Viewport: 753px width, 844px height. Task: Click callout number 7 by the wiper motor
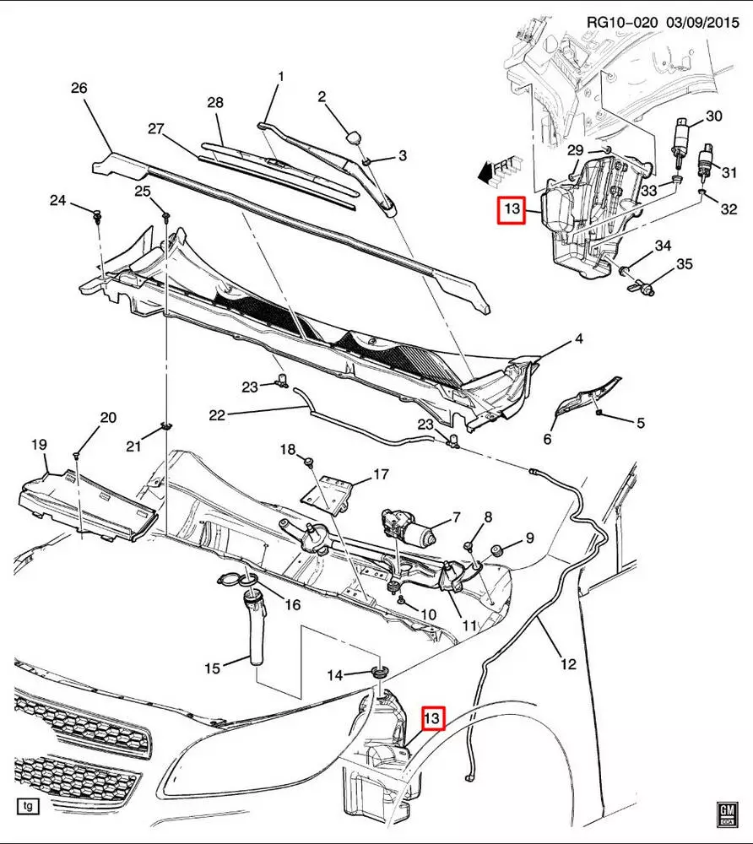pyautogui.click(x=456, y=517)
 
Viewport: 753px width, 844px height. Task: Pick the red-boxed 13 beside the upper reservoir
pyautogui.click(x=511, y=208)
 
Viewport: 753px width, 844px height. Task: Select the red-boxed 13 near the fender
pyautogui.click(x=432, y=718)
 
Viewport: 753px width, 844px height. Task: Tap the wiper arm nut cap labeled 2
pyautogui.click(x=354, y=136)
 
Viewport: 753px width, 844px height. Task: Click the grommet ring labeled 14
pyautogui.click(x=378, y=672)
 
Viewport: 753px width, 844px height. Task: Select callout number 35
pyautogui.click(x=685, y=264)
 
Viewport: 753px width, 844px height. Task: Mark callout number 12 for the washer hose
pyautogui.click(x=568, y=664)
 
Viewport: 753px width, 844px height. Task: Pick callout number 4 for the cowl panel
pyautogui.click(x=579, y=339)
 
